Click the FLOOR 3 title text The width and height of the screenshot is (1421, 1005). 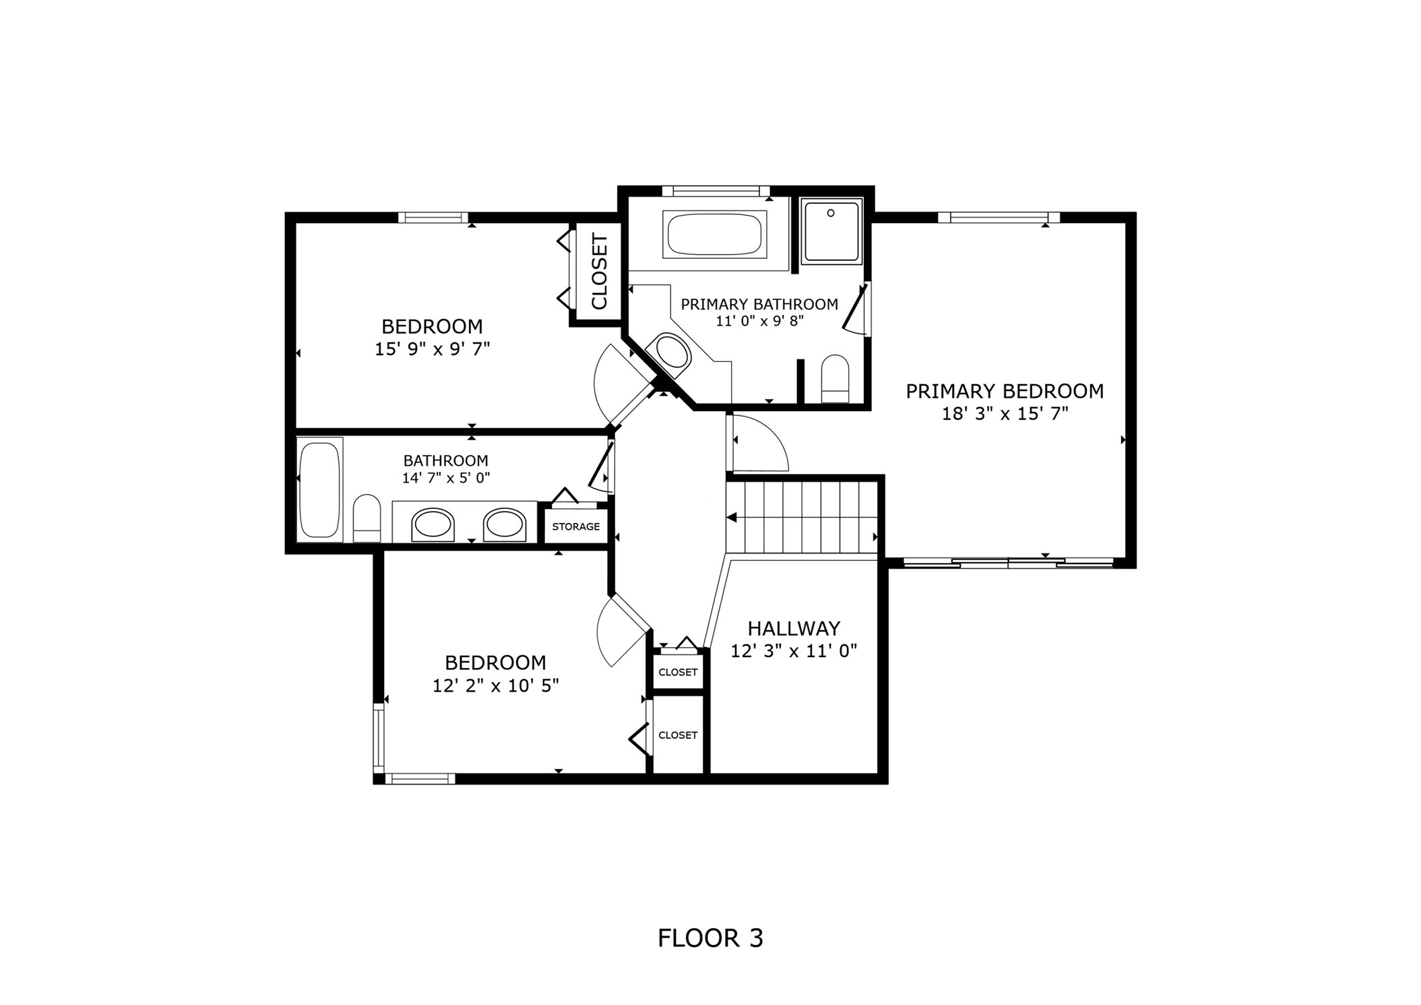click(709, 938)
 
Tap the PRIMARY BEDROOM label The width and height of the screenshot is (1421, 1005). click(1004, 391)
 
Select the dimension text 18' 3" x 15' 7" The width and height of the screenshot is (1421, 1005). click(1005, 414)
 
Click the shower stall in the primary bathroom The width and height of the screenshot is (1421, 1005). click(831, 231)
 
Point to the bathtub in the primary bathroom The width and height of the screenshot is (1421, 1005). click(714, 235)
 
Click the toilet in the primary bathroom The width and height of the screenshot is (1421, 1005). click(835, 379)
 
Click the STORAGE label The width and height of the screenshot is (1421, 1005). click(575, 526)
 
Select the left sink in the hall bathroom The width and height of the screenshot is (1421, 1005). click(433, 524)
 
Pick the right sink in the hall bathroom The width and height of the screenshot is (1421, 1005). click(504, 524)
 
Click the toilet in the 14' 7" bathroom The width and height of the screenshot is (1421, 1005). click(367, 518)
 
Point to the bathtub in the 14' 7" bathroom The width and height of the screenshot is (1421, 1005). click(319, 489)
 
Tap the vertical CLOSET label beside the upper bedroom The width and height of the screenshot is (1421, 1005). click(599, 271)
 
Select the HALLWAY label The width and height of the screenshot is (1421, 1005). click(794, 628)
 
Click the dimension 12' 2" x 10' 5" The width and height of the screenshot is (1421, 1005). click(495, 686)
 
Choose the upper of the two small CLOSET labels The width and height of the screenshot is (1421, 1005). click(678, 672)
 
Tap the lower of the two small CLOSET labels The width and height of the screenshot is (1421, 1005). click(678, 735)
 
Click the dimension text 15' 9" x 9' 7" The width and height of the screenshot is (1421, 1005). click(432, 349)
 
